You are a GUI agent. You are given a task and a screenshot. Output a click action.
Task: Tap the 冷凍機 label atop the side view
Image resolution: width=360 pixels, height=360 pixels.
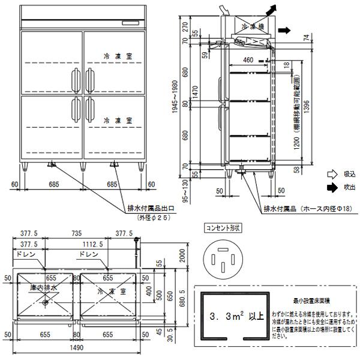pyautogui.click(x=253, y=26)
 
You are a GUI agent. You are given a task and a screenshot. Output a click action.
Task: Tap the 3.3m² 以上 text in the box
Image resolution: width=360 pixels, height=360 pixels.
pyautogui.click(x=232, y=314)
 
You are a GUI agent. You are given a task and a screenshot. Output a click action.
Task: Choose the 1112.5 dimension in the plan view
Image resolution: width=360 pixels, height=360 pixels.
pyautogui.click(x=92, y=245)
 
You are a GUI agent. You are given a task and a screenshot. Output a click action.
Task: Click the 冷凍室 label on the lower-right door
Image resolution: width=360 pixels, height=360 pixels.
pyautogui.click(x=113, y=121)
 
